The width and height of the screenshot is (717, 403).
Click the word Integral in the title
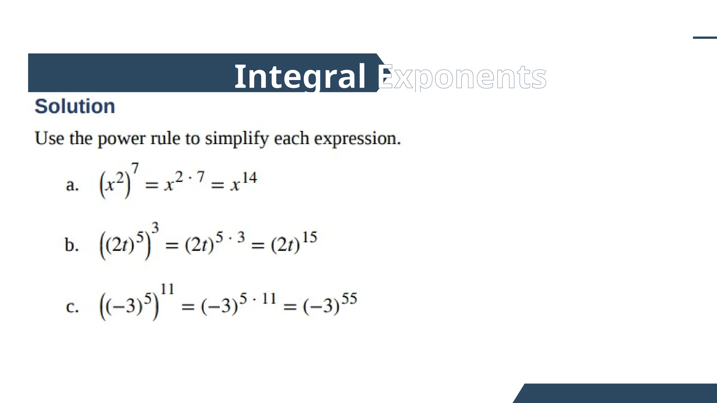point(300,77)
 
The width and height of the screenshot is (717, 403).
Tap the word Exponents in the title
point(462,77)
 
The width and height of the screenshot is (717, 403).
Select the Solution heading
point(75,106)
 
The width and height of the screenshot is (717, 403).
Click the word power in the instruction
point(121,139)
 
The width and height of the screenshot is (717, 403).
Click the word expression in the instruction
point(357,139)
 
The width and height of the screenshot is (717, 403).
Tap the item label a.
point(72,185)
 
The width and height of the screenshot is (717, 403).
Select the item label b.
point(72,245)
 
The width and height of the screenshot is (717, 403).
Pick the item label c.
point(72,307)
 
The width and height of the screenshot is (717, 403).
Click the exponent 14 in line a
point(249,178)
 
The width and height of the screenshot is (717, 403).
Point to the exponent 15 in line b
point(309,238)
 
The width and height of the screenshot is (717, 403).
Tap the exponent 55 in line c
point(349,299)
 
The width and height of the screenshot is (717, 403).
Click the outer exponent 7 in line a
point(135,168)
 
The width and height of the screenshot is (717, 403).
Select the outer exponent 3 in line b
point(155,228)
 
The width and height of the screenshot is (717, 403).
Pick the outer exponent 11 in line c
point(167,289)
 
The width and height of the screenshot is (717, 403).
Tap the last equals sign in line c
point(290,307)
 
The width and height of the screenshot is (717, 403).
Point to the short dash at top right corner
point(705,38)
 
